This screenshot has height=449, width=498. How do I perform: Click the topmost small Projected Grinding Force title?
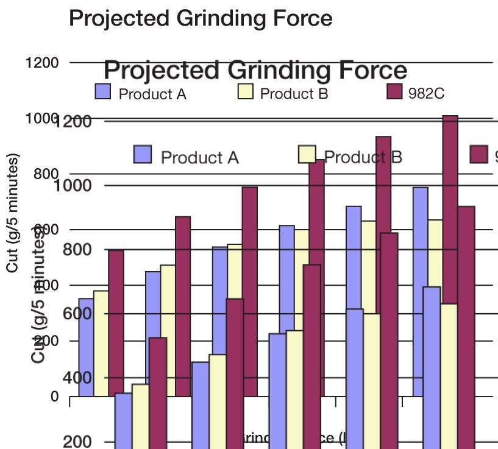tap(201, 18)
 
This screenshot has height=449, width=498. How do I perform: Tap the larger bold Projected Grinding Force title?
tap(256, 71)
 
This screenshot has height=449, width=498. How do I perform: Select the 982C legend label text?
tap(426, 94)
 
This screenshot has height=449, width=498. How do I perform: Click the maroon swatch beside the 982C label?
tap(394, 92)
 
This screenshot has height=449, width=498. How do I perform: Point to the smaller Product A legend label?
tap(152, 94)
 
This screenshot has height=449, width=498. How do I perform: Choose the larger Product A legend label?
tap(199, 157)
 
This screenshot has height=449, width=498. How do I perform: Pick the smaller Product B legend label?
tap(294, 94)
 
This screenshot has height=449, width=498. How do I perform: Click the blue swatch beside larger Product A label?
tap(143, 154)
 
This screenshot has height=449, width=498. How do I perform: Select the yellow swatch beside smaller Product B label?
tap(244, 92)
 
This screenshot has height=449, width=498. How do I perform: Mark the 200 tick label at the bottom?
tap(77, 442)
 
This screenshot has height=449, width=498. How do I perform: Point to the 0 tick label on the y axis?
tap(54, 397)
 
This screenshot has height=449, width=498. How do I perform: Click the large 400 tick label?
tap(77, 378)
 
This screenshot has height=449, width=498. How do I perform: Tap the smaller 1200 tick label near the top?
tap(43, 63)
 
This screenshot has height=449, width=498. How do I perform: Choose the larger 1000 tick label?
tap(73, 185)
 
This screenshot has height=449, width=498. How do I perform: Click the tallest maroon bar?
tap(450, 207)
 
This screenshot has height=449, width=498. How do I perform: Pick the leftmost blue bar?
tap(86, 347)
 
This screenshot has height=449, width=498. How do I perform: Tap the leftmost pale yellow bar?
tap(101, 343)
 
